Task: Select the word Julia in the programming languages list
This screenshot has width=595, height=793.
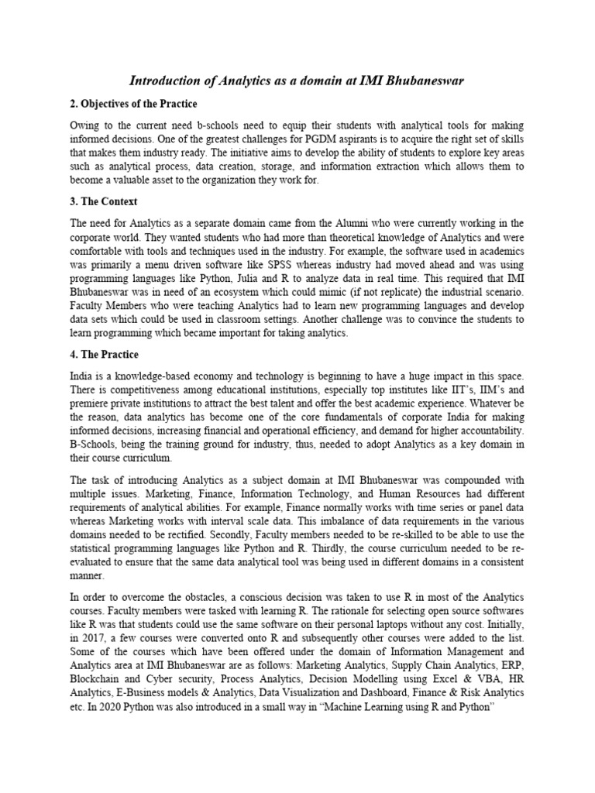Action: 255,280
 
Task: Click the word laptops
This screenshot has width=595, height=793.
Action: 383,625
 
